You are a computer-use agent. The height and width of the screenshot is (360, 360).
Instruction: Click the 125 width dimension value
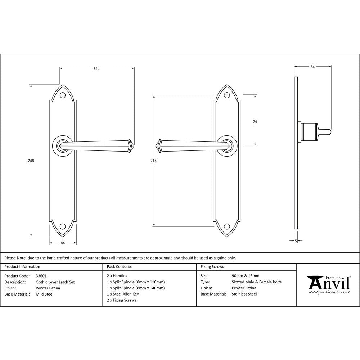(x=96, y=68)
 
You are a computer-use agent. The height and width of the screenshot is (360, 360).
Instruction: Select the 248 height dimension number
(x=31, y=161)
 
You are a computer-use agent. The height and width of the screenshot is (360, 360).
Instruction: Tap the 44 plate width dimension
(x=63, y=243)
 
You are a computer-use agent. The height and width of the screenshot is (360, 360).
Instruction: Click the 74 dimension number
(x=255, y=122)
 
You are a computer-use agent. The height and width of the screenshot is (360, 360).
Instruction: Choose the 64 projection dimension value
(x=312, y=67)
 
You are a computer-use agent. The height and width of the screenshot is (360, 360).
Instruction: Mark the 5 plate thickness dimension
(x=296, y=241)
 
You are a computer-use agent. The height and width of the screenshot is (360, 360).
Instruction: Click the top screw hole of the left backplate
(x=63, y=96)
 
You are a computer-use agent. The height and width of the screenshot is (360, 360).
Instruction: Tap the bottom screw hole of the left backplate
(x=63, y=226)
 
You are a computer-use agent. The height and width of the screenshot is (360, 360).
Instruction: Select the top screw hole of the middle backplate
(x=227, y=96)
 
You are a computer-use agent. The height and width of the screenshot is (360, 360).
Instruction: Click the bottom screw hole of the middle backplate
(x=227, y=226)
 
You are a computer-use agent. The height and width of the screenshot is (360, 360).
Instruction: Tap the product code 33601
(x=41, y=276)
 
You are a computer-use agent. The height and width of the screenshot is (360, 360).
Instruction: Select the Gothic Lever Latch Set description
(x=55, y=282)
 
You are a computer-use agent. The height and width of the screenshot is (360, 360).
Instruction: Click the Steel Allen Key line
(x=123, y=294)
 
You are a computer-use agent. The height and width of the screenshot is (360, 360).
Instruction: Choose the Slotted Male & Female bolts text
(x=257, y=282)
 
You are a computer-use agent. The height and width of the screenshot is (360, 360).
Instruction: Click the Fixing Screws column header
(x=212, y=267)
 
